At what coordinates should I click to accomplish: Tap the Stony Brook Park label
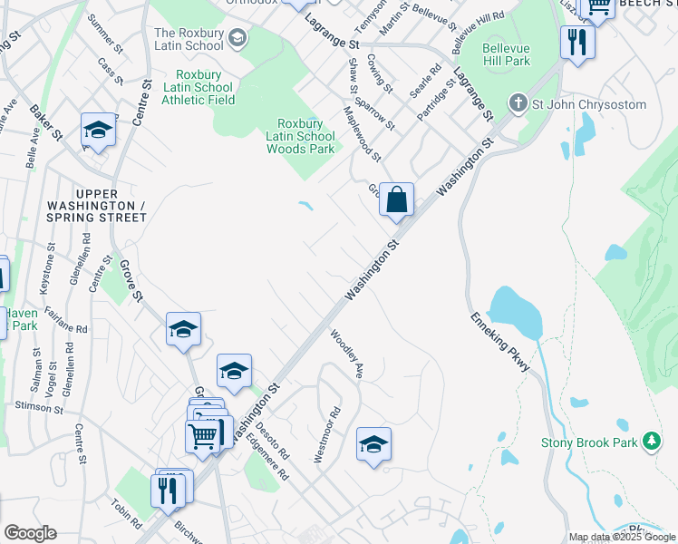(x=590, y=442)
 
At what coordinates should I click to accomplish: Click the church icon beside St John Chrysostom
(x=518, y=103)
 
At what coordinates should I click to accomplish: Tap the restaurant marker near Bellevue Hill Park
(x=576, y=41)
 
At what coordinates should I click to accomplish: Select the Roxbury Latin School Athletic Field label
(x=198, y=87)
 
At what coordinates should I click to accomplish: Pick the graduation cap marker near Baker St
(x=98, y=131)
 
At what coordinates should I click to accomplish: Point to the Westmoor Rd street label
(x=326, y=435)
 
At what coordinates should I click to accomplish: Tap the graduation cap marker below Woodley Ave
(x=373, y=445)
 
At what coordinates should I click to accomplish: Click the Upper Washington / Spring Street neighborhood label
(x=111, y=206)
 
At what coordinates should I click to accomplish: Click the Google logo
(x=30, y=533)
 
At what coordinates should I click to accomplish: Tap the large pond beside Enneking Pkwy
(x=516, y=314)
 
